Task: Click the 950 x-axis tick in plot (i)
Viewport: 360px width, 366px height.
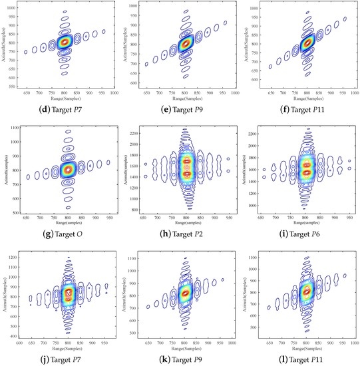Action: coord(350,218)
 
